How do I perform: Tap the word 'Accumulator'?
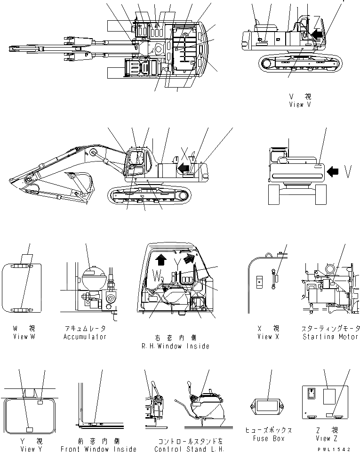pyautogui.click(x=85, y=337)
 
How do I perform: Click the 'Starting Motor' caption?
pyautogui.click(x=331, y=337)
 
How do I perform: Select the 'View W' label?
pyautogui.click(x=21, y=337)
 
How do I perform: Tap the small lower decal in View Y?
pyautogui.click(x=29, y=429)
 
